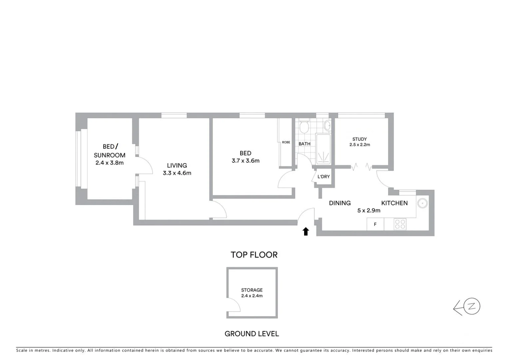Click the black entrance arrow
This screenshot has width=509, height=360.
coord(305,231)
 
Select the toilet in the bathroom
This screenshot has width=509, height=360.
coord(304,127)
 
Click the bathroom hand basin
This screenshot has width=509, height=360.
coord(327,126)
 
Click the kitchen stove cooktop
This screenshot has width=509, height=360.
coord(400,224)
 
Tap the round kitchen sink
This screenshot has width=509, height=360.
coord(423,203)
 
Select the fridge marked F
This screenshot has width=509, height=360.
coord(375,224)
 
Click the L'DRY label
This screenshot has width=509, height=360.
coord(323,176)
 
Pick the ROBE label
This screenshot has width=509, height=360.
coord(286,142)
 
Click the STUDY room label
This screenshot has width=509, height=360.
coord(359,139)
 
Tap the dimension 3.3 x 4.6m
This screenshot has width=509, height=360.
coord(177,173)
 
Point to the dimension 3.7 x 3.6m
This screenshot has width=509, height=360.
coord(246,161)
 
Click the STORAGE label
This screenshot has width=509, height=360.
coord(252,290)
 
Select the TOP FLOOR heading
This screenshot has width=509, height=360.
coord(254,255)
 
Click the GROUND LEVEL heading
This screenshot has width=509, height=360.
coord(252,334)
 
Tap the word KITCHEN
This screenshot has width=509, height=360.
coord(394,203)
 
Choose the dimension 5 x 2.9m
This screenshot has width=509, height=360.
coord(369,211)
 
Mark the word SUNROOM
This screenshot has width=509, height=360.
coord(110,155)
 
